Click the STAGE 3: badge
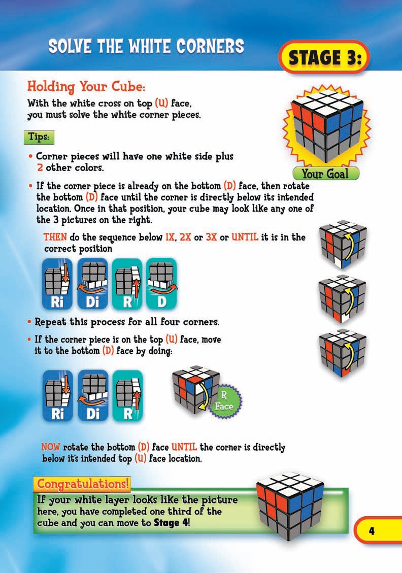[x=323, y=57]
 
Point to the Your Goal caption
[x=325, y=174]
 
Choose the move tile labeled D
[x=161, y=283]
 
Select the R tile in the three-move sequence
[x=127, y=395]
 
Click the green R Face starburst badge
[x=224, y=401]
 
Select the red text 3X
[x=209, y=237]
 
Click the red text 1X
[x=166, y=237]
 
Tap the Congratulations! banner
[x=82, y=484]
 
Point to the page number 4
[x=371, y=531]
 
